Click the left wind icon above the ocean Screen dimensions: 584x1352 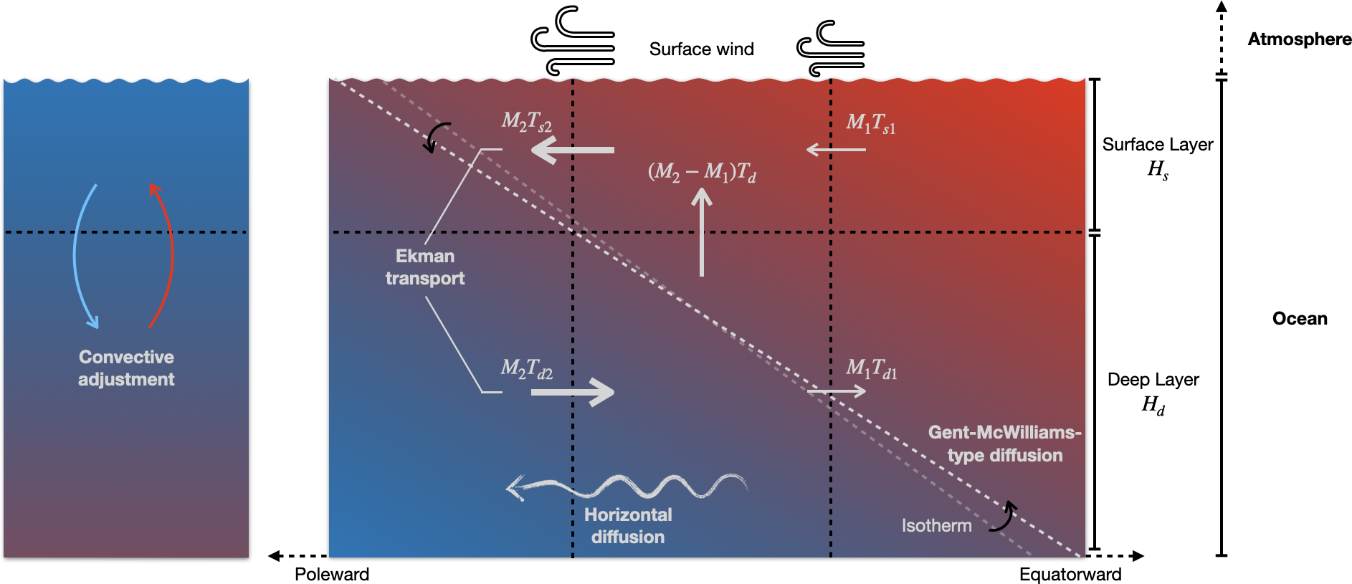click(573, 41)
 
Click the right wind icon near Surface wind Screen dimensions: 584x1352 click(831, 49)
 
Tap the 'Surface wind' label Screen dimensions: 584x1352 click(701, 49)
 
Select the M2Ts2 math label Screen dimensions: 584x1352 click(527, 122)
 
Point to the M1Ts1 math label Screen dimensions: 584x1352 click(870, 124)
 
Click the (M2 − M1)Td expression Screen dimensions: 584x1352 click(702, 172)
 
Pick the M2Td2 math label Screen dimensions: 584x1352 click(527, 369)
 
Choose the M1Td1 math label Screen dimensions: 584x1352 click(871, 369)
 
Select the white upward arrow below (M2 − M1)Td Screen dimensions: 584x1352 click(702, 232)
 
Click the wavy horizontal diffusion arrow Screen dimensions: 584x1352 click(627, 487)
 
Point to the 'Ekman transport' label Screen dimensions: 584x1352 click(425, 267)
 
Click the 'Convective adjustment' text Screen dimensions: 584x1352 click(126, 368)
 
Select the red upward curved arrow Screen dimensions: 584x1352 click(164, 255)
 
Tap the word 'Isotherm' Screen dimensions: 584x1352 click(936, 526)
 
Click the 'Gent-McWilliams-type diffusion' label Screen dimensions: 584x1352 click(1004, 444)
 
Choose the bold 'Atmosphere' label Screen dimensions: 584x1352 click(1299, 39)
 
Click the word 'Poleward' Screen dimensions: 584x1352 click(332, 574)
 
